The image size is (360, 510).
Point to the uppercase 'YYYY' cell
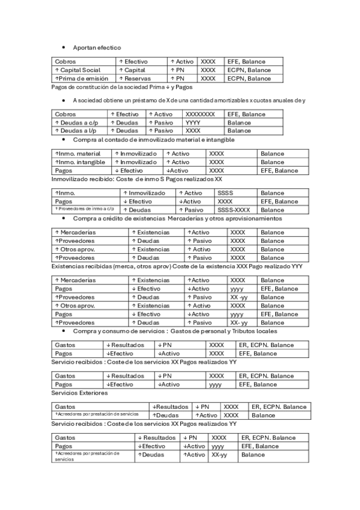tap(193, 122)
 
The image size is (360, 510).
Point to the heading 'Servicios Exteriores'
tap(80, 393)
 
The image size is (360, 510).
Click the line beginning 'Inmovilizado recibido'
tap(137, 179)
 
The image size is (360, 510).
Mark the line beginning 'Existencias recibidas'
tap(177, 266)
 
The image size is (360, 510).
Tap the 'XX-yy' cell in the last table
tap(219, 455)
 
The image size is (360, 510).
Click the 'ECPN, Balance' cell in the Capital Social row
tap(249, 70)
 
